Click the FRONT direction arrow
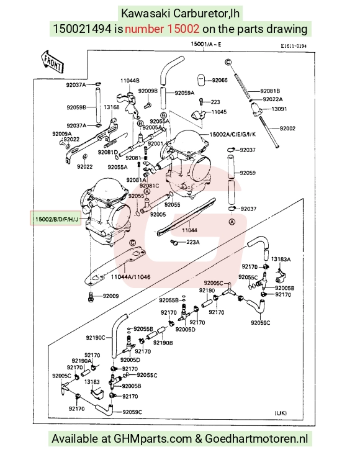click(52, 61)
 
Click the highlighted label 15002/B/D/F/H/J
click(56, 219)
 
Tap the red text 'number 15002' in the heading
click(162, 29)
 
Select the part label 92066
click(220, 80)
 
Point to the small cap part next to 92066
click(202, 80)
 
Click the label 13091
click(279, 109)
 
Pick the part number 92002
click(287, 129)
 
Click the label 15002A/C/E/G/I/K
click(232, 134)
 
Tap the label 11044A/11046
click(130, 277)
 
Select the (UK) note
click(281, 413)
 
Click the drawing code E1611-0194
click(294, 46)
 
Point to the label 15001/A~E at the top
click(206, 44)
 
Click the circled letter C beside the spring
click(228, 62)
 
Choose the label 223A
click(193, 242)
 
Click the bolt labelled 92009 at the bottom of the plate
click(91, 297)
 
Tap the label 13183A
click(281, 259)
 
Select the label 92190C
click(96, 338)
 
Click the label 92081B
click(270, 91)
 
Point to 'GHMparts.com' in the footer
click(153, 439)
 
